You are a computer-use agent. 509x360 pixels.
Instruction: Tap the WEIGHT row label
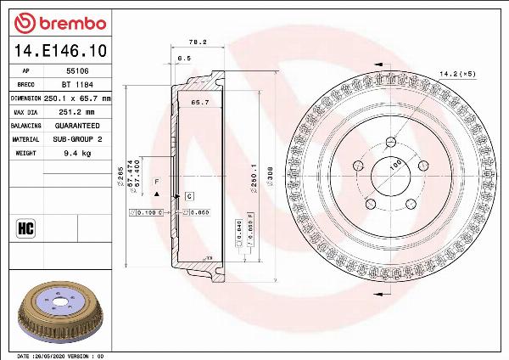point(25,153)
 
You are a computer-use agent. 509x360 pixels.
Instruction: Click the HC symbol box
point(25,227)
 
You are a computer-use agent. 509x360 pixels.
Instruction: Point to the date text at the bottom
point(59,355)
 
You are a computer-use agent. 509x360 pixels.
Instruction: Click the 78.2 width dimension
point(198,41)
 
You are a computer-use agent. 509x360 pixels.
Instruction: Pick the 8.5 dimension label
point(183,58)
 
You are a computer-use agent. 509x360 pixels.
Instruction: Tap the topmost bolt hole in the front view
point(390,141)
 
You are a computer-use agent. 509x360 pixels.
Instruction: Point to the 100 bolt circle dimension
point(394,165)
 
